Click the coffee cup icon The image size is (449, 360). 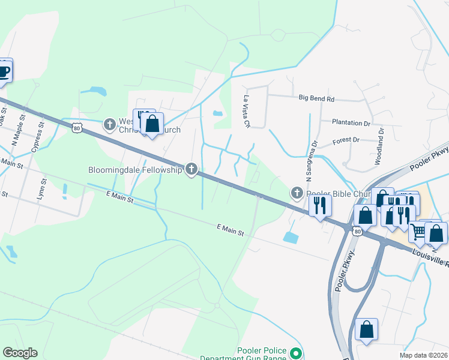[4, 71]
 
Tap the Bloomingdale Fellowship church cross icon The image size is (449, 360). [191, 170]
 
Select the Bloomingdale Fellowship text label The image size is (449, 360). [135, 170]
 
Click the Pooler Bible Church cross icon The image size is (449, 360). [297, 193]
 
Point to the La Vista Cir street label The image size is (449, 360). [246, 112]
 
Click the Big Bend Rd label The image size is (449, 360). [316, 98]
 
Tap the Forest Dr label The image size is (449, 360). [346, 140]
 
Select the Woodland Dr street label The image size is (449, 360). [379, 146]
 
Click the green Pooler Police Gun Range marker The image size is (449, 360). [295, 354]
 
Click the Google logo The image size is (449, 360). [20, 353]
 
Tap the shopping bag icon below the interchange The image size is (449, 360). [366, 329]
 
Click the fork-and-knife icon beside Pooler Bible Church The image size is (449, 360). [319, 205]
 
